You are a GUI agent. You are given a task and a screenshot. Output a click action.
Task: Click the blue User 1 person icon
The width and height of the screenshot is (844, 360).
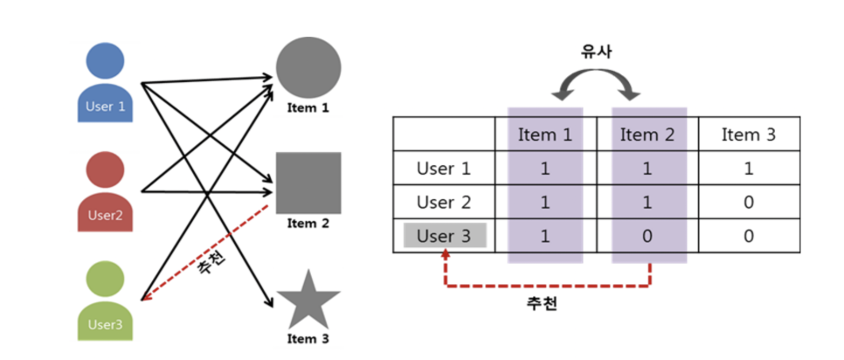point(106,88)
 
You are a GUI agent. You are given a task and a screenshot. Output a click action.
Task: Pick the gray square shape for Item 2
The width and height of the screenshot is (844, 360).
point(308,182)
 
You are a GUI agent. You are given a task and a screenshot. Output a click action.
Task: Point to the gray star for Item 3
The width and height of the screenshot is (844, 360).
point(308,299)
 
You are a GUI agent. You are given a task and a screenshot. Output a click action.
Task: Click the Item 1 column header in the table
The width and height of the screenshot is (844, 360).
point(544,135)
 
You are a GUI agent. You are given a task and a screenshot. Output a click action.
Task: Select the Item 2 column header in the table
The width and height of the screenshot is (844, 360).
point(647,135)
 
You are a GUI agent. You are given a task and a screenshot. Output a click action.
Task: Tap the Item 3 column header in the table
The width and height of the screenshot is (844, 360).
point(749,135)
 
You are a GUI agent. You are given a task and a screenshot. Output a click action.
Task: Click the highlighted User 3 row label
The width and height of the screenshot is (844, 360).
point(445,236)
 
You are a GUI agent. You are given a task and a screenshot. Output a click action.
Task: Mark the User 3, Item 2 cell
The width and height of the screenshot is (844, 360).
point(647,236)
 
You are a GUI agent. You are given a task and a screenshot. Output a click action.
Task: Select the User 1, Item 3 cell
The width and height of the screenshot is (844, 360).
point(749,169)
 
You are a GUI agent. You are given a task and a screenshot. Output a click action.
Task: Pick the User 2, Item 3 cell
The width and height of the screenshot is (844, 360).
point(749,203)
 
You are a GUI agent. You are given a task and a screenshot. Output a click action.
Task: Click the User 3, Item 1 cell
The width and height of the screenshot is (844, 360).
point(544,236)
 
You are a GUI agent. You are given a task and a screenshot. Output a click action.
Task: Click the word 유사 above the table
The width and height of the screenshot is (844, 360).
point(597,52)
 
